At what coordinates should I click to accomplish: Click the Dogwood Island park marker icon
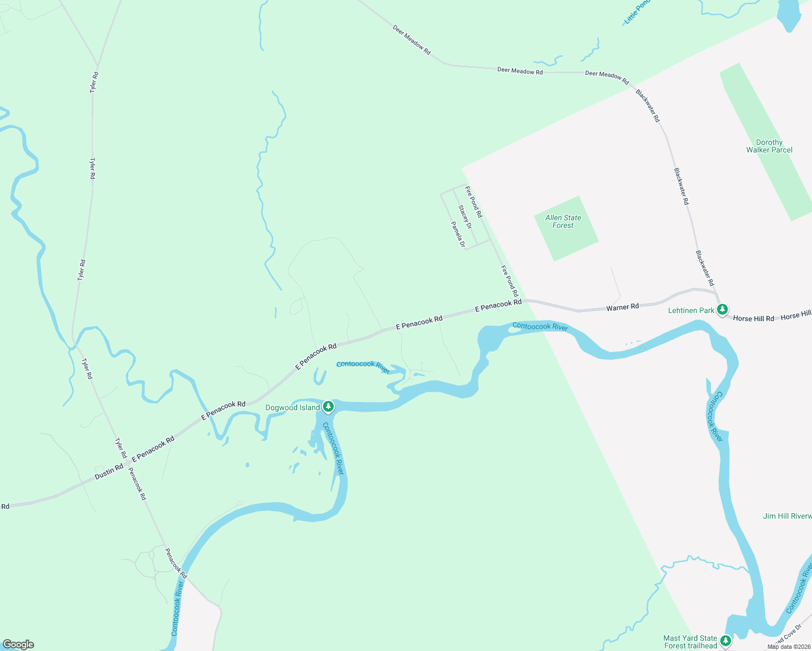328,406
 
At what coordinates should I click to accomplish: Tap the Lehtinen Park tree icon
722,310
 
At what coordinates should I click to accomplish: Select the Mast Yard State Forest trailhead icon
726,641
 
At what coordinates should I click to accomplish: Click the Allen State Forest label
563,221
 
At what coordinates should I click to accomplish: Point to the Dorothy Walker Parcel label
769,146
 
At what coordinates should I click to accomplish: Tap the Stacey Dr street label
465,216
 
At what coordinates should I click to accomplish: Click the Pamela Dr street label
458,234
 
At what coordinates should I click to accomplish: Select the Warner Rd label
623,307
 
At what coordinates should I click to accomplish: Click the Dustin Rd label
109,471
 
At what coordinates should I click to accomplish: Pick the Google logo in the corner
18,644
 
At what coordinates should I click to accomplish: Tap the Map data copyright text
789,647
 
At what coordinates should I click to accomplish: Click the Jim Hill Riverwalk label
787,516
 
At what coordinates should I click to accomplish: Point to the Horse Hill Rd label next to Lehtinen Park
753,318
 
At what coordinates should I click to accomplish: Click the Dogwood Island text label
292,407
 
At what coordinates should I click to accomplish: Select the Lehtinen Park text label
691,310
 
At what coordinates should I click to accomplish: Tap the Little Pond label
636,12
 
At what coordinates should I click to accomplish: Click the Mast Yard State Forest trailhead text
690,642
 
